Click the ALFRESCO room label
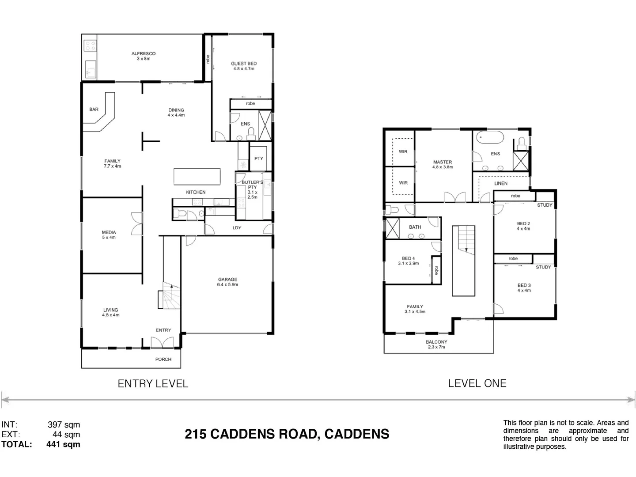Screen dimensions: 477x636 144,53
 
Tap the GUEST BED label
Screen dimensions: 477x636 244,64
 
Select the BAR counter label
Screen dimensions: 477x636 94,110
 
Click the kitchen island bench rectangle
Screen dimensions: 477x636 197,176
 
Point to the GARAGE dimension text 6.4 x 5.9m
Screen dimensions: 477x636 227,285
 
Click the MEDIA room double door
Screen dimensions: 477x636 137,224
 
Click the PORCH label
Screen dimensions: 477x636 163,359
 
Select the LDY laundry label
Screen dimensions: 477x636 237,228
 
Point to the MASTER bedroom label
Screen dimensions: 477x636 443,162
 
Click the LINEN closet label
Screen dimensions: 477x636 501,183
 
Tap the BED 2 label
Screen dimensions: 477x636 524,223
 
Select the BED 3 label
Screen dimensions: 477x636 524,285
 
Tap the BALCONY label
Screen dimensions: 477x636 436,342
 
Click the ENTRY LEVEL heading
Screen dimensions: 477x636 153,384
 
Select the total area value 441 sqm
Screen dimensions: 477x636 63,444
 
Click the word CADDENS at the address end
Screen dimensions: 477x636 357,434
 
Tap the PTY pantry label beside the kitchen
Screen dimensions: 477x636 259,159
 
